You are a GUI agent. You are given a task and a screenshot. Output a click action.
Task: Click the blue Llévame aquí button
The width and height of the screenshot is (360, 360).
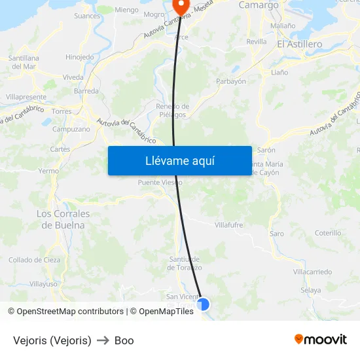click(179, 160)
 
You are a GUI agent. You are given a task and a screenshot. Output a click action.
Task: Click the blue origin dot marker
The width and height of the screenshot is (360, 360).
click(203, 304)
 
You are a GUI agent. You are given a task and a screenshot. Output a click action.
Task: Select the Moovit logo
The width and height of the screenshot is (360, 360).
click(320, 340)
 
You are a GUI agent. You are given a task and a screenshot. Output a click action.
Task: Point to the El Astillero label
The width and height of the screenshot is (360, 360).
click(299, 44)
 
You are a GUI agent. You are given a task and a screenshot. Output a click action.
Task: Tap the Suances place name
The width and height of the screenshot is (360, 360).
click(86, 16)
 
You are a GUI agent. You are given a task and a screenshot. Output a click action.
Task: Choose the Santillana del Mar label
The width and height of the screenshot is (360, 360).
click(23, 62)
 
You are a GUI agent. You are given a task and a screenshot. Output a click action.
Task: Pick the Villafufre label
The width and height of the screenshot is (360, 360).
click(228, 225)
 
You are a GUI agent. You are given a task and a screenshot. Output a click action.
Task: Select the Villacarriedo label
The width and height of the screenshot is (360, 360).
click(312, 271)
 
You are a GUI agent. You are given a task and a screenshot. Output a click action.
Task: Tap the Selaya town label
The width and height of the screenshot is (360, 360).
click(310, 290)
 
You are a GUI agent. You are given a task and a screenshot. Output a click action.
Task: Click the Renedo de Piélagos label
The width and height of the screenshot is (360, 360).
click(172, 111)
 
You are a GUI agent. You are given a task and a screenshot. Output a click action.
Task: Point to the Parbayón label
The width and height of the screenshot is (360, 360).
click(231, 81)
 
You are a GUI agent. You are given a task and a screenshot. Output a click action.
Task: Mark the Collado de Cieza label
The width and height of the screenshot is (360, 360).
click(35, 260)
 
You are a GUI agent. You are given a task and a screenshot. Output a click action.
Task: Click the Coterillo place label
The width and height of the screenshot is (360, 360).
click(328, 233)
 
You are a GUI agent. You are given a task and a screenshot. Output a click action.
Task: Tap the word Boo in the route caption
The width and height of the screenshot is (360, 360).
click(124, 340)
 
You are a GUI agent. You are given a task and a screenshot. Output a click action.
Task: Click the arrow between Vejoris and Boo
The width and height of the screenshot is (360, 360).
click(103, 340)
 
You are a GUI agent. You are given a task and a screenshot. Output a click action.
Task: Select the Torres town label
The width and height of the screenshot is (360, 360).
click(61, 111)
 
